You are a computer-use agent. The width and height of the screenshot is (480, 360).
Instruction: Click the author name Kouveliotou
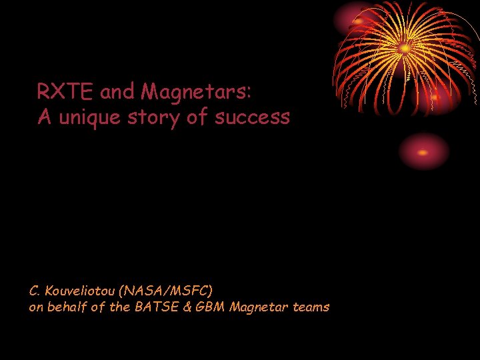[x=81, y=291]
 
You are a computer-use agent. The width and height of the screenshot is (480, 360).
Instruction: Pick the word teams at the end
[x=310, y=307]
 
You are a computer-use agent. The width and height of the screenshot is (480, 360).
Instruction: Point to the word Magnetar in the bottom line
[x=258, y=307]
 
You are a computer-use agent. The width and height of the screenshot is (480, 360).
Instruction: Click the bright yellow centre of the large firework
[x=405, y=48]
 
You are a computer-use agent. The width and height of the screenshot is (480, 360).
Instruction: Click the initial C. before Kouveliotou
[x=35, y=291]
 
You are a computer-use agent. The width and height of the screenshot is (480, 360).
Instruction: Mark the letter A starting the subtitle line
[x=45, y=118]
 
